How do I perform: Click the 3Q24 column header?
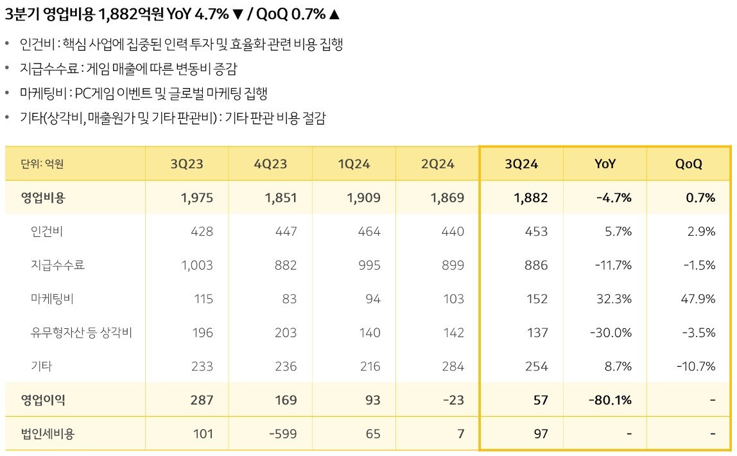[x=521, y=164]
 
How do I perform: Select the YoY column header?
[x=605, y=164]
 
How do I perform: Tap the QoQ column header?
[x=688, y=164]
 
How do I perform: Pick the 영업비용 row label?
[x=43, y=198]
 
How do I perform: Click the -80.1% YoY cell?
[x=610, y=400]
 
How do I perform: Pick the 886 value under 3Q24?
[x=535, y=265]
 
